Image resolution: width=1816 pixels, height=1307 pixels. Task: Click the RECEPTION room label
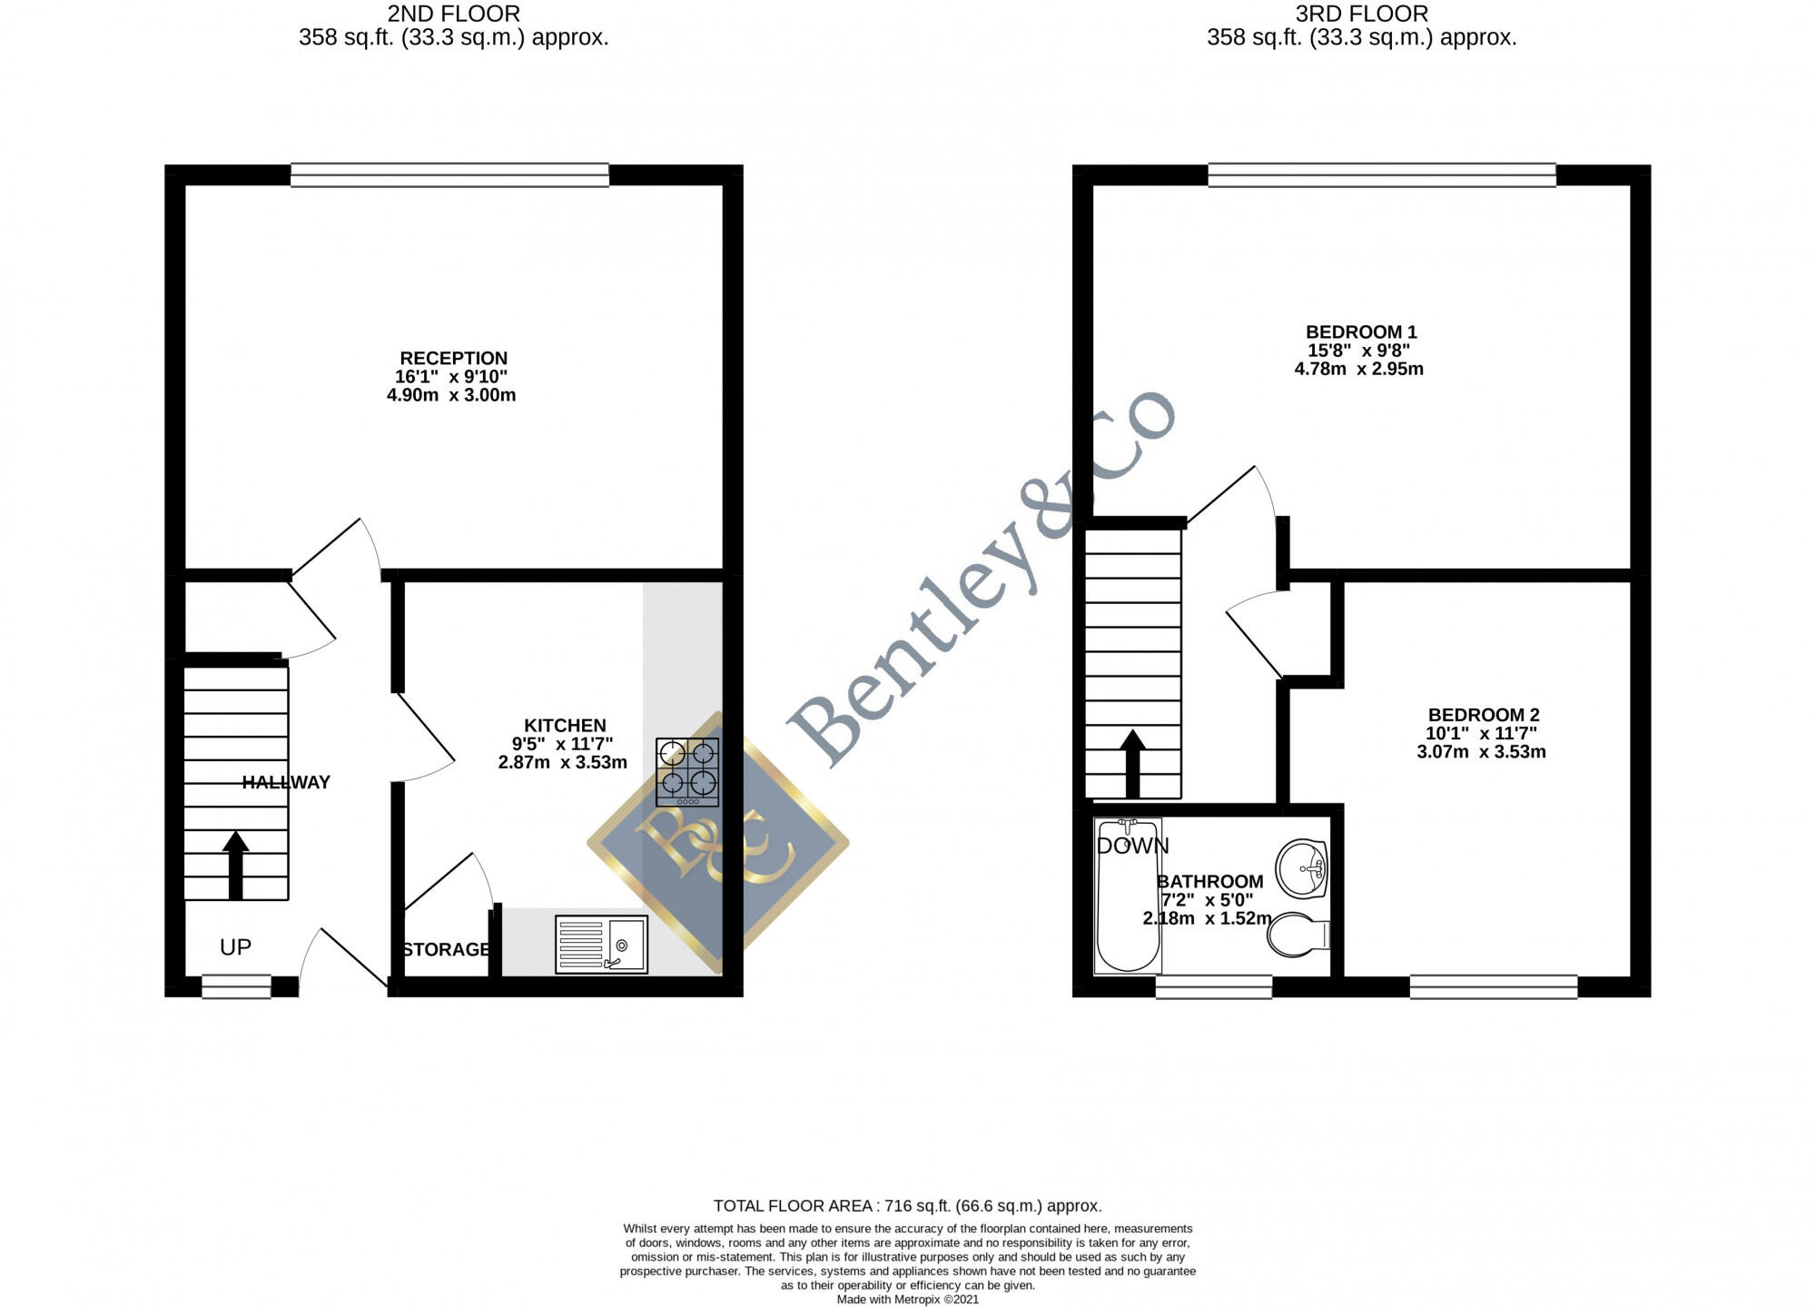coord(454,359)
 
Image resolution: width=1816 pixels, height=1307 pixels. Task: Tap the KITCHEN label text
coord(565,726)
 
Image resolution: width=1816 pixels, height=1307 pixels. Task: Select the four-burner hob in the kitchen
coord(687,772)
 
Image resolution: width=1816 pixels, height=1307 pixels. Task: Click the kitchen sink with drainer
coord(601,945)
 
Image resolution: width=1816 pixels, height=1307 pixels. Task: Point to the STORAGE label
coord(446,950)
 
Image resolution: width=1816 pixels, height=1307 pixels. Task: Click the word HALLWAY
coord(286,783)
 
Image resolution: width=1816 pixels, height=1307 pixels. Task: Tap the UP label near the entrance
coord(235,947)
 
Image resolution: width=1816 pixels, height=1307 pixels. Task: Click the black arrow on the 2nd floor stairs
coord(235,865)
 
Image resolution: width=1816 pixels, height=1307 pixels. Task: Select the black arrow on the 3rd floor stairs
coord(1132,763)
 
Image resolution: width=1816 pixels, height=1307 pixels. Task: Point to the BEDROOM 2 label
coord(1484,716)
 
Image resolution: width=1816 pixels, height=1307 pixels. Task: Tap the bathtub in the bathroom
coord(1128,895)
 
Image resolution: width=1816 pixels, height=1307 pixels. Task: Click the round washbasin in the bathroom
coord(1302,868)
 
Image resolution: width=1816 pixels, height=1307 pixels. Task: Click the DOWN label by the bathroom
coord(1132,847)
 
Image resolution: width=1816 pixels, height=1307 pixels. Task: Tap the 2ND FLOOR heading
coord(454,14)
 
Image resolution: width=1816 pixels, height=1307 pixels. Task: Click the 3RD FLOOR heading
coord(1362,14)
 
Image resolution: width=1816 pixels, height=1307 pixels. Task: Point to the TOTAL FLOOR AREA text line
coord(908,1206)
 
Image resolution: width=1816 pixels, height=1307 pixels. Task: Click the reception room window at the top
coord(449,174)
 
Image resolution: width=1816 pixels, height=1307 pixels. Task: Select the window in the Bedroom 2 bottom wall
coord(1494,986)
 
